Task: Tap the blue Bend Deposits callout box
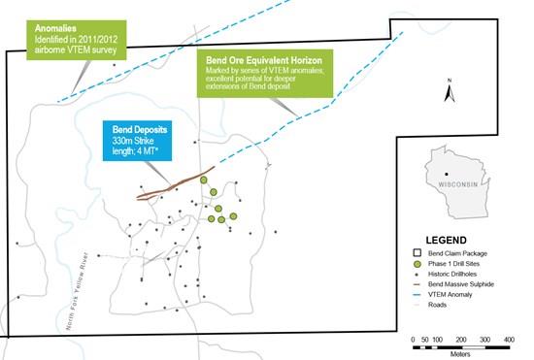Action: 144,144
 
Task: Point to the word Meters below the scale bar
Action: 460,352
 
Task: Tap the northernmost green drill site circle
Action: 205,180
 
